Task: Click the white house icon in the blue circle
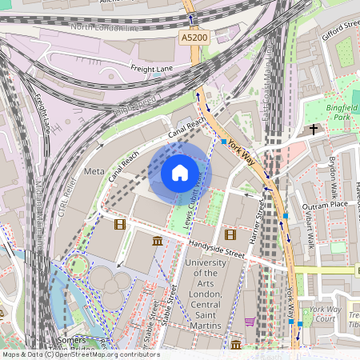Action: (x=180, y=172)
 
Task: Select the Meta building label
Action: (x=94, y=172)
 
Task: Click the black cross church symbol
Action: (x=314, y=128)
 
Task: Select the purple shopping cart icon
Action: (x=250, y=322)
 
